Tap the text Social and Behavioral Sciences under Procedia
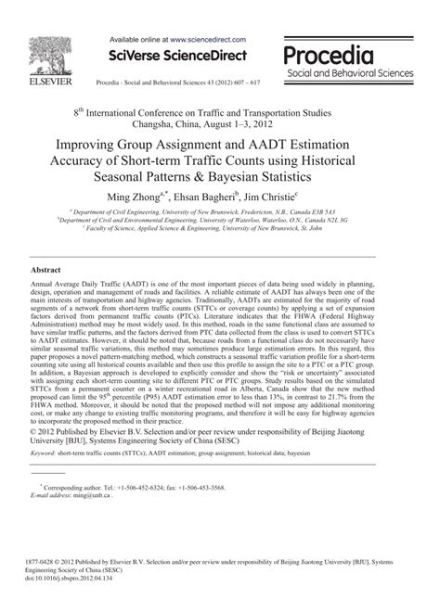point(349,72)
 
